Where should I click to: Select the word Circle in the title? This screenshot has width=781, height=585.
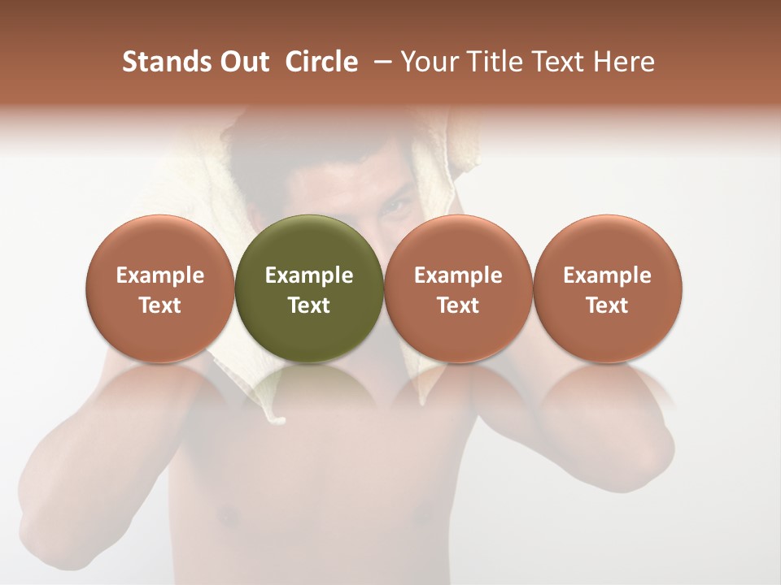click(321, 62)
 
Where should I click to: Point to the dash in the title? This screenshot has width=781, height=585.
click(379, 62)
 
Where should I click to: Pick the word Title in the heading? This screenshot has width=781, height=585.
click(496, 62)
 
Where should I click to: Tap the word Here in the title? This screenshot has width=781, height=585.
click(624, 62)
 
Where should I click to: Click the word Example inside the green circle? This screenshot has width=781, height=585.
click(309, 275)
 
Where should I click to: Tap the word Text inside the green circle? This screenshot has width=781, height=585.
click(309, 305)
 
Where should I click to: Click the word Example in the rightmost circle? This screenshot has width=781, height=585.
click(607, 275)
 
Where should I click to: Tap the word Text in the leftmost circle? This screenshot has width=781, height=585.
click(159, 305)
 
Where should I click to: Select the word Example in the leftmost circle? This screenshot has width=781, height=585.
click(159, 275)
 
